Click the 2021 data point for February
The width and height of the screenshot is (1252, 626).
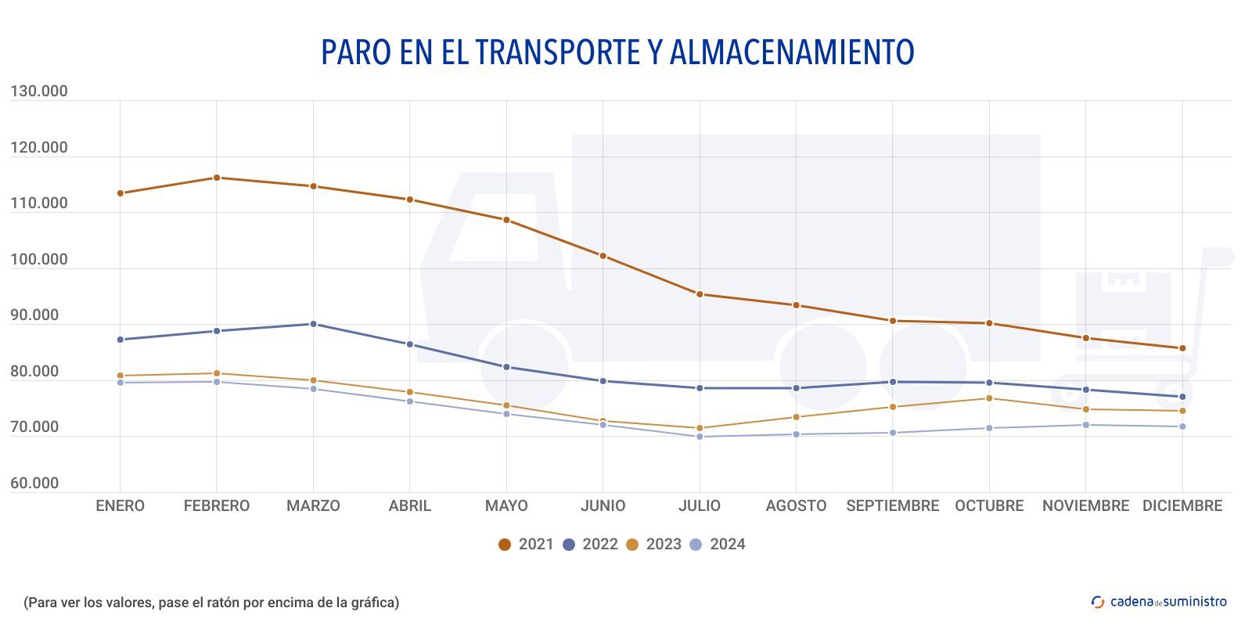[217, 178]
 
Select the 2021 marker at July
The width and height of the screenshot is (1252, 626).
[700, 294]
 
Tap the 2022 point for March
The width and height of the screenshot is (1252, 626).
[313, 324]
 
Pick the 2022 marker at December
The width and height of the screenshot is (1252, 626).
[1182, 397]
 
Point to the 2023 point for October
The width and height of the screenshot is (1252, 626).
[989, 398]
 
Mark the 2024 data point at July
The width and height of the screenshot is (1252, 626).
[700, 437]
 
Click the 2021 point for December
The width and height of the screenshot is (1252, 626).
[1182, 348]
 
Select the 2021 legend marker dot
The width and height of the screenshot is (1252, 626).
[505, 545]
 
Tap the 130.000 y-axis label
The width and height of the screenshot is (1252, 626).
[39, 92]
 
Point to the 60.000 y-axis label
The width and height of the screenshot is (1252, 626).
[34, 484]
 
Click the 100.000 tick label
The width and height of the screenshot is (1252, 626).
[39, 260]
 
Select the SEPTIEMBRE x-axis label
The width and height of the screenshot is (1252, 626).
[892, 506]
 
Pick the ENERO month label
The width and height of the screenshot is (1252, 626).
[120, 506]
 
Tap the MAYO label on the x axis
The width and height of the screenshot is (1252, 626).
[506, 506]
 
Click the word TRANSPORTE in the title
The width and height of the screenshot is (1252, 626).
[558, 52]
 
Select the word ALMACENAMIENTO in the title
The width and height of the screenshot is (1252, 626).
[792, 52]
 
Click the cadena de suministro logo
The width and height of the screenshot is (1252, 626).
[1159, 602]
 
